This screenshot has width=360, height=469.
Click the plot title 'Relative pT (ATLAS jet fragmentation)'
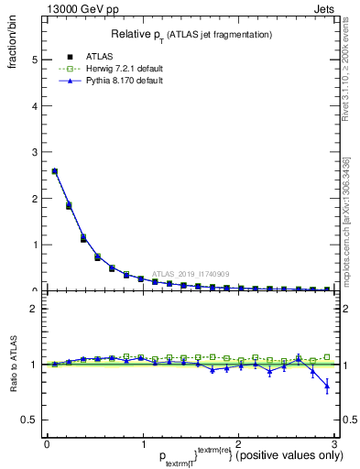pyautogui.click(x=191, y=34)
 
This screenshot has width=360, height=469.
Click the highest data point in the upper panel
pyautogui.click(x=54, y=171)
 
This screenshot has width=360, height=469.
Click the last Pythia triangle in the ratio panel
pyautogui.click(x=327, y=387)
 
